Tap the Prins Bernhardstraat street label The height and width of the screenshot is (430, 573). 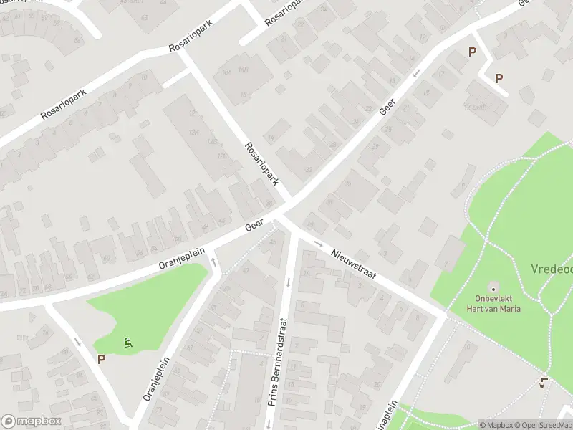click(x=280, y=364)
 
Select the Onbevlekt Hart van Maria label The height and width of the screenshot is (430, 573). click(x=497, y=303)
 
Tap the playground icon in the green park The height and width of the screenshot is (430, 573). click(x=128, y=343)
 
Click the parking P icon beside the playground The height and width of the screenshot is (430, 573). click(x=101, y=359)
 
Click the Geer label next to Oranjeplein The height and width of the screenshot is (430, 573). click(x=254, y=226)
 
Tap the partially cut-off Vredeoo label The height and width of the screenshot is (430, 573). click(x=552, y=269)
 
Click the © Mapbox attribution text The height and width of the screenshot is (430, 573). click(x=497, y=424)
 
